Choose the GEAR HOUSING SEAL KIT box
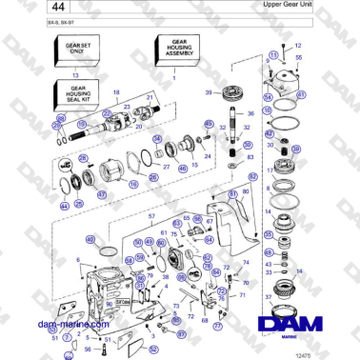pyautogui.click(x=76, y=94)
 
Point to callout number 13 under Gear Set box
pyautogui.click(x=75, y=72)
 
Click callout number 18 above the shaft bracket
pyautogui.click(x=117, y=91)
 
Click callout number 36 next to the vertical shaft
pyautogui.click(x=250, y=113)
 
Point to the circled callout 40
pyautogui.click(x=91, y=240)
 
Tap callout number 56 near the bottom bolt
pyautogui.click(x=88, y=349)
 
